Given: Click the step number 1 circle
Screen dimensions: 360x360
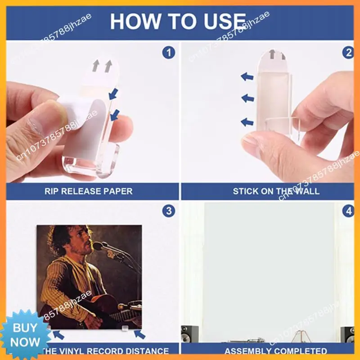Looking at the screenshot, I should (x=168, y=53).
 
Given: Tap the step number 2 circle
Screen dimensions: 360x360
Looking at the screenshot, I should (x=348, y=53).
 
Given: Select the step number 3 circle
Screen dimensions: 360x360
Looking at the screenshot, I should (x=168, y=211).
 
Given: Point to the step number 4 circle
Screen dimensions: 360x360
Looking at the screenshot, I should (x=348, y=211).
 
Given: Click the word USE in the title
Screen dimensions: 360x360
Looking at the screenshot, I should (x=225, y=22).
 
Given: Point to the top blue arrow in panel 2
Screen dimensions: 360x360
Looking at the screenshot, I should (x=247, y=77).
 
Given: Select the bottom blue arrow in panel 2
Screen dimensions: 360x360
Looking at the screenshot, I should (x=247, y=121).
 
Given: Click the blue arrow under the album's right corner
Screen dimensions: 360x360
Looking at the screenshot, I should (x=140, y=335).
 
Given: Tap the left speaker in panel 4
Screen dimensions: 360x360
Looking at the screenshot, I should (x=189, y=334).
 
